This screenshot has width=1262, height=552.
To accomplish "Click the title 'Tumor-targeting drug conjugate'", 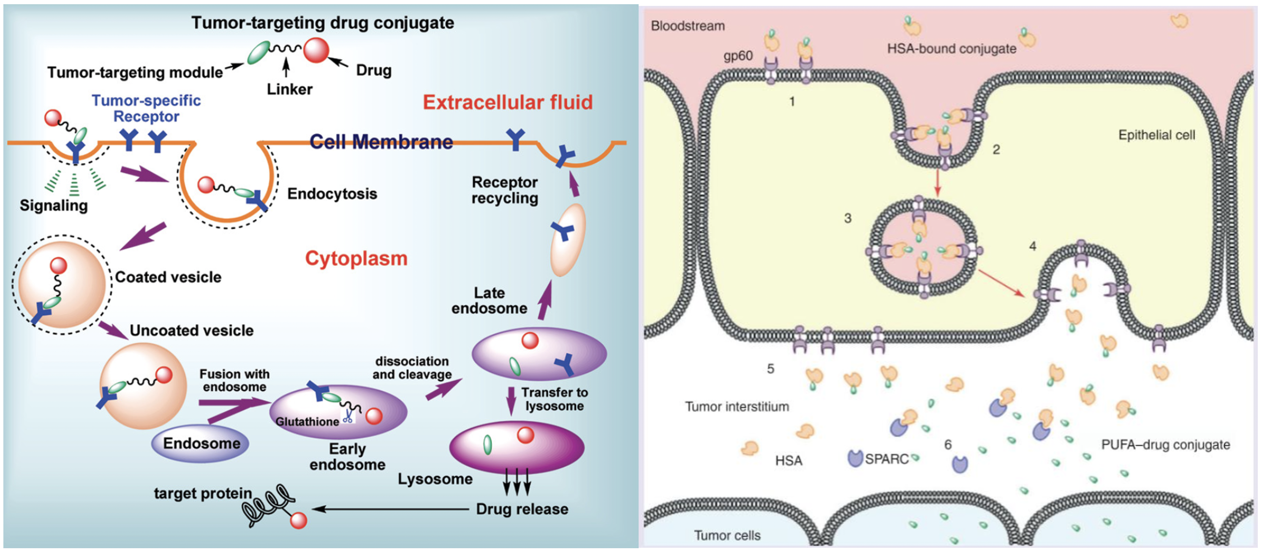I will pyautogui.click(x=322, y=23).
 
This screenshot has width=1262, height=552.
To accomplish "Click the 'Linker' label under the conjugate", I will pyautogui.click(x=290, y=89).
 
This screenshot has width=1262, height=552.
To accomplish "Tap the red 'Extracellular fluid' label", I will pyautogui.click(x=508, y=102).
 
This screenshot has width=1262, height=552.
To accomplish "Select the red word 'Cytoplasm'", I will pyautogui.click(x=356, y=258).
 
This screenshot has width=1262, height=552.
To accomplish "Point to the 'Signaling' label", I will pyautogui.click(x=54, y=205).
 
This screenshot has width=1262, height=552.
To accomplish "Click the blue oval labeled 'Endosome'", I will pyautogui.click(x=201, y=444).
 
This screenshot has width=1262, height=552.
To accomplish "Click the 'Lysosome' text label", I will pyautogui.click(x=435, y=479).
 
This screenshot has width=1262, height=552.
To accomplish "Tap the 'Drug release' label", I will pyautogui.click(x=522, y=509).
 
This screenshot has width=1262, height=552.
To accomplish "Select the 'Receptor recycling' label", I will pyautogui.click(x=505, y=190).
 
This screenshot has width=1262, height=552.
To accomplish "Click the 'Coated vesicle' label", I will pyautogui.click(x=168, y=277).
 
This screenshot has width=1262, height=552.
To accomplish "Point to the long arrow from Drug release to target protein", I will pyautogui.click(x=392, y=509).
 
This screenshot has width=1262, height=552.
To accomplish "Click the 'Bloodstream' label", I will pyautogui.click(x=687, y=26).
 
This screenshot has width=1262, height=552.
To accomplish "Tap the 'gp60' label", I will pyautogui.click(x=738, y=56).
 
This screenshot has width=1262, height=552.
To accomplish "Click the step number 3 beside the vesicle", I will pyautogui.click(x=848, y=218).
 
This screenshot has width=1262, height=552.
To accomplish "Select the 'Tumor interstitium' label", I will pyautogui.click(x=737, y=407).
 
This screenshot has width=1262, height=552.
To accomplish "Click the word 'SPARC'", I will pyautogui.click(x=886, y=459).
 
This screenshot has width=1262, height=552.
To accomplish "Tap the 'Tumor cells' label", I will pyautogui.click(x=727, y=536).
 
